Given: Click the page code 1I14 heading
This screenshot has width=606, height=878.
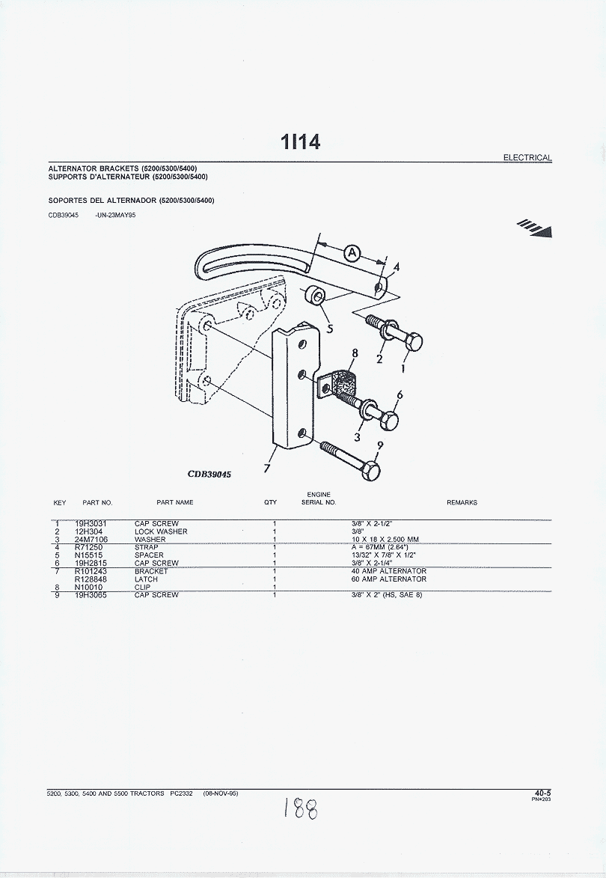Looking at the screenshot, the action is [301, 141].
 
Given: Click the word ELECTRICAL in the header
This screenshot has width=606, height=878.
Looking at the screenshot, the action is [527, 158].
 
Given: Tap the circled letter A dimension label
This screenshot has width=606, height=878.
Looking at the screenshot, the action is [352, 254].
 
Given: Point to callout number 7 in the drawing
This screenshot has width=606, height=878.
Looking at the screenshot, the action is [268, 467].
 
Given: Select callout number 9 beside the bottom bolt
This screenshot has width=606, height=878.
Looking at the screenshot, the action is [380, 445].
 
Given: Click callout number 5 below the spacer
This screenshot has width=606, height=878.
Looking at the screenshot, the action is [330, 328].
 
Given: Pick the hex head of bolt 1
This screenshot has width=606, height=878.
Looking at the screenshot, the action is [413, 341].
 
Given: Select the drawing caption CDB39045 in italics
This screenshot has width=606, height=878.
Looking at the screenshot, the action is [209, 475].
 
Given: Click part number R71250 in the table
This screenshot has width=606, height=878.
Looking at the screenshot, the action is [88, 547].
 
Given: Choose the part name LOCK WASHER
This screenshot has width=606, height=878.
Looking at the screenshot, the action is [161, 531].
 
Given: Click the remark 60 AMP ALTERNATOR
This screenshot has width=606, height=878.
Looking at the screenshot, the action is [389, 579].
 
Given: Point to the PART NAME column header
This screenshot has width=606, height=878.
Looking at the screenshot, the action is [174, 502].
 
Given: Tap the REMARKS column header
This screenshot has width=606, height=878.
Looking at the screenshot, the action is [462, 502].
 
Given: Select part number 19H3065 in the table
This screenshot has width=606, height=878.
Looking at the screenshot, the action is [91, 594].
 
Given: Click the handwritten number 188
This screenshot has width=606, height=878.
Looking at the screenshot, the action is [301, 809].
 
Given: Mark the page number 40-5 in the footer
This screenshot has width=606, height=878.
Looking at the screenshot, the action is [542, 793].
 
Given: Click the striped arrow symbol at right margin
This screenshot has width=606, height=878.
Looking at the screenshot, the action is [535, 228].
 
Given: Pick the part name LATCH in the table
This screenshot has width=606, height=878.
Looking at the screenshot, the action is [146, 579].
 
